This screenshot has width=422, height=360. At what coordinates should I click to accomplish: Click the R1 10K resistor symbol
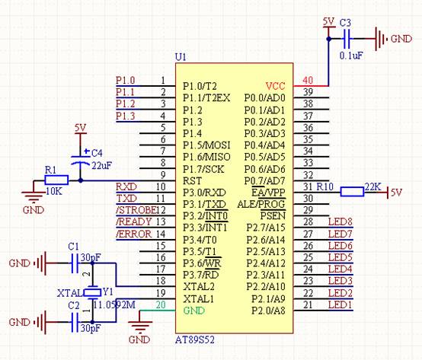(x=56, y=180)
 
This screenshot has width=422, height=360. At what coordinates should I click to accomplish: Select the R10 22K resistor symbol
(x=352, y=192)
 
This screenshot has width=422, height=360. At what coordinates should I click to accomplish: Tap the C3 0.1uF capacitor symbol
(x=347, y=39)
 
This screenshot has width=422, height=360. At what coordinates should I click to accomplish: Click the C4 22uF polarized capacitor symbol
(x=80, y=160)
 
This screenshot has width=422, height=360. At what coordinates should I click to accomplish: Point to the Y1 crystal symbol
(x=93, y=292)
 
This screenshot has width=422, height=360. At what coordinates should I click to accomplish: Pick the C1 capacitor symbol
(x=75, y=263)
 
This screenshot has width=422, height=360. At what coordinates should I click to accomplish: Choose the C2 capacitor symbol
(x=75, y=322)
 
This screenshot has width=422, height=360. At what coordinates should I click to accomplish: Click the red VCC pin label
(x=275, y=86)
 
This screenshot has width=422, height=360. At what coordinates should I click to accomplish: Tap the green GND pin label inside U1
(x=193, y=311)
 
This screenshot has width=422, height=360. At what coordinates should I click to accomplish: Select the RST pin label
(x=192, y=180)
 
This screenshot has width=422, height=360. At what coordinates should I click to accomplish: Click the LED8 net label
(x=340, y=221)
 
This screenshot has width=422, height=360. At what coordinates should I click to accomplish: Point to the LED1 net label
(x=340, y=305)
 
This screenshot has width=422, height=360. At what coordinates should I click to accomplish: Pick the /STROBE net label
(x=136, y=210)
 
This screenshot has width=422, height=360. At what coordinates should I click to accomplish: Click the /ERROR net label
(x=134, y=234)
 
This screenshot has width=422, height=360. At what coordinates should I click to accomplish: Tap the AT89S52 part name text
(x=195, y=340)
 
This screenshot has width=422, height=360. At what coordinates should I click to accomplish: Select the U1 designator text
(x=181, y=57)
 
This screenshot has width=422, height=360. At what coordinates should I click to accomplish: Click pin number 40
(x=308, y=80)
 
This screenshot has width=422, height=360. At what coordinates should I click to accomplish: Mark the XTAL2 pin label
(x=199, y=287)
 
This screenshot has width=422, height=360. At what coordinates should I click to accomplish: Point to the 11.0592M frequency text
(x=114, y=305)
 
